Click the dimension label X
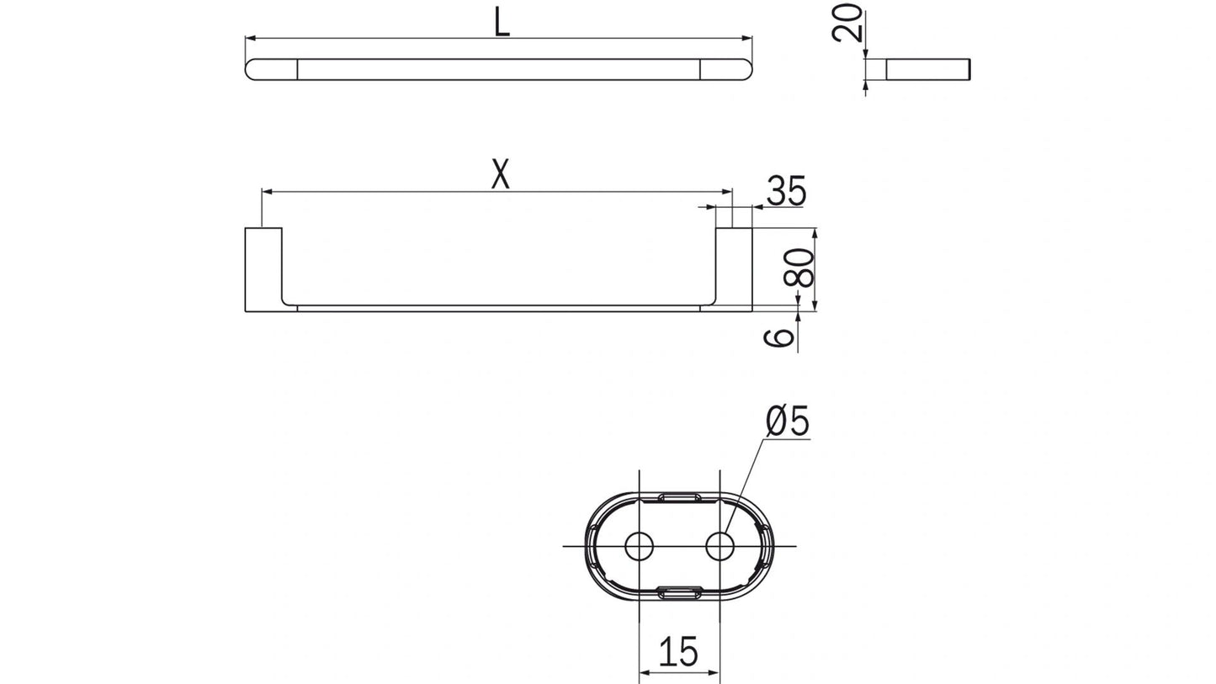[x=501, y=175]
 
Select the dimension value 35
[x=786, y=192]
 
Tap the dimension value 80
[x=804, y=268]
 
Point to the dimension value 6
[x=781, y=337]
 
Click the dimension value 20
[x=848, y=23]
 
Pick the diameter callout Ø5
[x=788, y=422]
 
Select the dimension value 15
[x=678, y=652]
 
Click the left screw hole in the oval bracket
[x=639, y=546]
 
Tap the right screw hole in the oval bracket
[x=720, y=546]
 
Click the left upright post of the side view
[x=263, y=268]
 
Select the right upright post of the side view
[x=734, y=268]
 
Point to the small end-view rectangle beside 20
[x=929, y=70]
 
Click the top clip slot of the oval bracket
[x=679, y=498]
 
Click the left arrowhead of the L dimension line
[x=250, y=38]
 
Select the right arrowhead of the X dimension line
[x=728, y=192]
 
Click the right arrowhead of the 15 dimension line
[x=715, y=672]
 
